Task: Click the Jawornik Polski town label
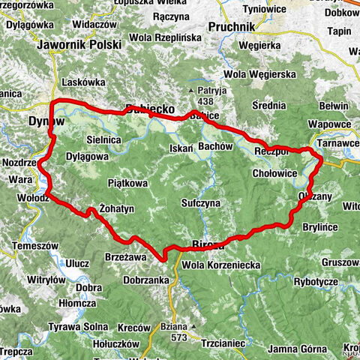pyautogui.click(x=82, y=45)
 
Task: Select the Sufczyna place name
pyautogui.click(x=200, y=203)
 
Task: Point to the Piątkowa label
pyautogui.click(x=127, y=183)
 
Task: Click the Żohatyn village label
pyautogui.click(x=116, y=206)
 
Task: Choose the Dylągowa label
pyautogui.click(x=87, y=157)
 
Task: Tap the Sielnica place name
pyautogui.click(x=103, y=139)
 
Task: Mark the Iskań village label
pyautogui.click(x=181, y=148)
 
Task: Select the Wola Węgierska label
pyautogui.click(x=260, y=74)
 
